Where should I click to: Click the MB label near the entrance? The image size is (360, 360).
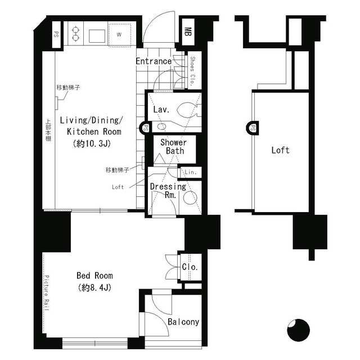click(188, 32)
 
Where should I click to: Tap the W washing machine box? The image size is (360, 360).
click(119, 33)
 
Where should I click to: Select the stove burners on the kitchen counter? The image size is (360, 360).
click(76, 33)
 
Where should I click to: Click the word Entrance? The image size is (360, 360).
click(154, 61)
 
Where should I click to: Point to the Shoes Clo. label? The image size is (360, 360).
click(192, 70)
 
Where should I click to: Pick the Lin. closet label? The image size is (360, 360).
click(190, 172)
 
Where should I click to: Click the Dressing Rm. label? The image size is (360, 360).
click(168, 191)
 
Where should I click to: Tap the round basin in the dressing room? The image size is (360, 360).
click(191, 197)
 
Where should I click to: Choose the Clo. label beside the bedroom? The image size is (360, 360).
click(190, 267)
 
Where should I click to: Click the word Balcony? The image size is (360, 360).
click(183, 322)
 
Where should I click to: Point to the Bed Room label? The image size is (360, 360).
click(94, 276)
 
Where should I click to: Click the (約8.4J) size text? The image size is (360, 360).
click(94, 288)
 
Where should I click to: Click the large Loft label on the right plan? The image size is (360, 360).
click(280, 150)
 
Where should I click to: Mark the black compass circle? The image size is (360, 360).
click(298, 330)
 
